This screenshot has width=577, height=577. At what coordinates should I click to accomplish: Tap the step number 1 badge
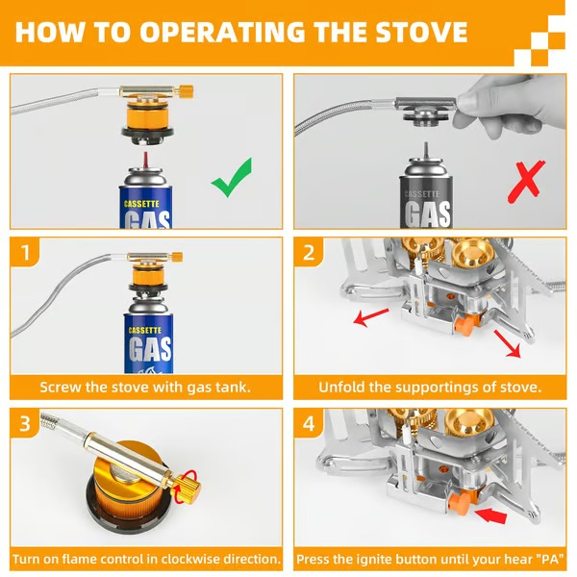coord(26,254)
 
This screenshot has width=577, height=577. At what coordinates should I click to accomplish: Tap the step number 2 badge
coord(309,254)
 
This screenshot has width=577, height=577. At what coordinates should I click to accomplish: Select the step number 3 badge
coord(26,424)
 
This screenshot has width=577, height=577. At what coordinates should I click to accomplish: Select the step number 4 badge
coord(309,424)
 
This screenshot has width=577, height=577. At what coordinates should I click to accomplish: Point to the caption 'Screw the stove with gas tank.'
coord(145,388)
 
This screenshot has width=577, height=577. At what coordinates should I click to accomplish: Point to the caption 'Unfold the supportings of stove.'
coord(430,388)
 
